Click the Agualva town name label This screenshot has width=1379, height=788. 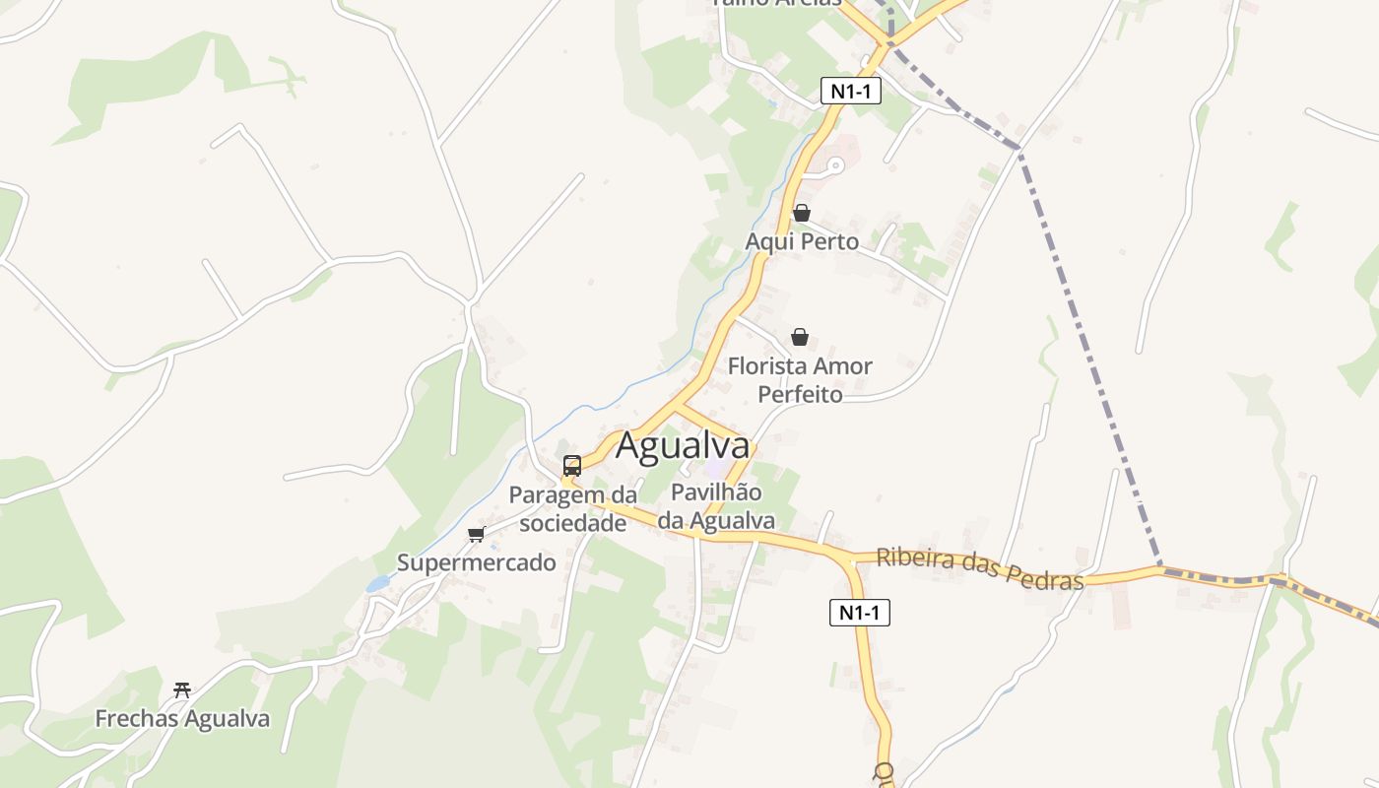683,446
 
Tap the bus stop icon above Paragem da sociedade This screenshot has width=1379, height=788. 572,466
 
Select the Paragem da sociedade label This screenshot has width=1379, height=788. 572,509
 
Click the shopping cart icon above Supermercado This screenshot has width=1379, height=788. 477,535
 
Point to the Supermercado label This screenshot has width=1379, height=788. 476,563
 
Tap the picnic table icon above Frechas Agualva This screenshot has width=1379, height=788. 181,689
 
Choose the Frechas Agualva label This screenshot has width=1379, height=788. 182,719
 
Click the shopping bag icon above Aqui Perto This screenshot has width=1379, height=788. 802,213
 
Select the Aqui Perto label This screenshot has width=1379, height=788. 802,242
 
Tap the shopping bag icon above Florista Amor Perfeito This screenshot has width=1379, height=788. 800,338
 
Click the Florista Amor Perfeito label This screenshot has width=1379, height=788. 800,380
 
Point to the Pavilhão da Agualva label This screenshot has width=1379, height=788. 716,506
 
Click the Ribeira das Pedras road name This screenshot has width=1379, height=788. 979,568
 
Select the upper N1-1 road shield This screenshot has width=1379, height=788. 850,92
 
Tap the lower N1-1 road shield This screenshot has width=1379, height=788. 859,613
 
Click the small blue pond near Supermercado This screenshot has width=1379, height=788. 377,584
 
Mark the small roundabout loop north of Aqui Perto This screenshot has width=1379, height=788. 834,166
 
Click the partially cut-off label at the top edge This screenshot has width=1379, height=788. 776,3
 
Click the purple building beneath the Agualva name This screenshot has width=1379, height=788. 719,469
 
